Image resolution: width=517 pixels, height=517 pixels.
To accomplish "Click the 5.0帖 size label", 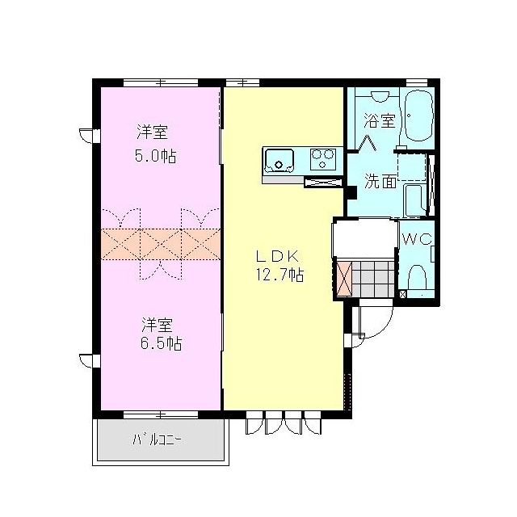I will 156,155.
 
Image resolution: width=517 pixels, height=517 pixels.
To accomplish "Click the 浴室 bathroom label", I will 380,122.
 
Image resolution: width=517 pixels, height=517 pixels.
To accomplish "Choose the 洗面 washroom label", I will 380,181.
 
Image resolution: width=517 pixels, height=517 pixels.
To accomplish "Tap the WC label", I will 418,239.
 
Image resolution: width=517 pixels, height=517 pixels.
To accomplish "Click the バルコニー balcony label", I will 158,440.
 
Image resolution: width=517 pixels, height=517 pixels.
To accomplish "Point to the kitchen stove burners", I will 324,158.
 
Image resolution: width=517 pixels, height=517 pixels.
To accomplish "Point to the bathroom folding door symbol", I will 368,141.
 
